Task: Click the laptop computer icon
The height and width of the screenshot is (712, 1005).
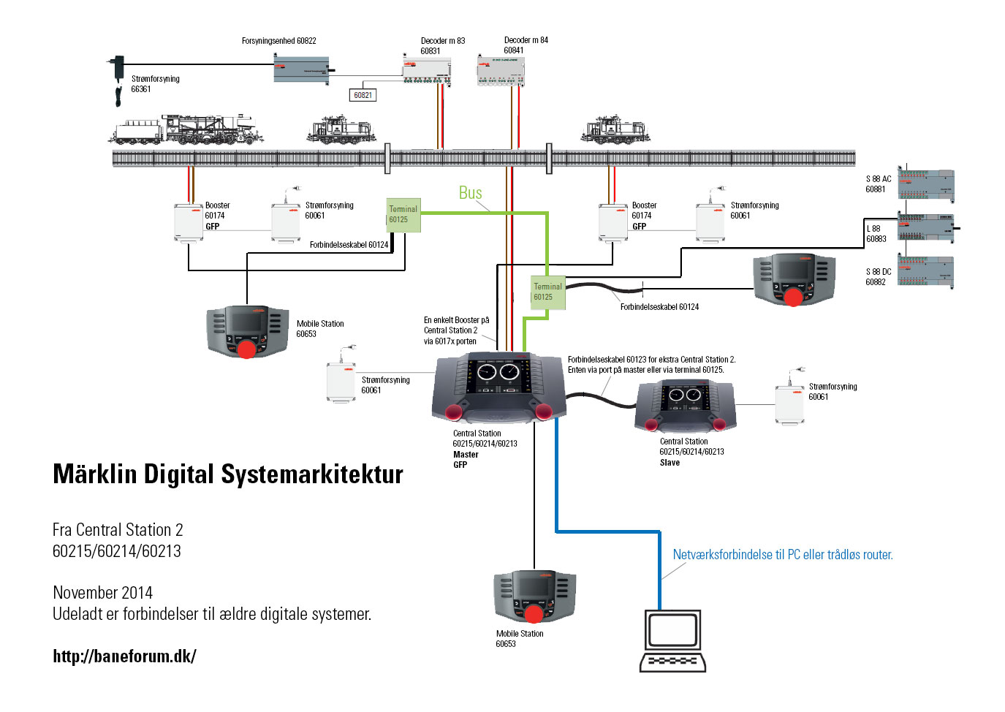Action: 672,640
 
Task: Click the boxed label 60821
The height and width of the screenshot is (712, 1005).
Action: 363,95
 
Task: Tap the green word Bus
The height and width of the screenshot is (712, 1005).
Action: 470,192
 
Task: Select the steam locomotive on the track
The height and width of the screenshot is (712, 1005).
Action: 186,129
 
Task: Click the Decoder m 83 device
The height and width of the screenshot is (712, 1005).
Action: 427,70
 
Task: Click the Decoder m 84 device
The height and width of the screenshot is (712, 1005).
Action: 500,70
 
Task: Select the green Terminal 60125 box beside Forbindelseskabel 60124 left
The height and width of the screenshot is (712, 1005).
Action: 403,215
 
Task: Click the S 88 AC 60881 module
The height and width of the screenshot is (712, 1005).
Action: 926,184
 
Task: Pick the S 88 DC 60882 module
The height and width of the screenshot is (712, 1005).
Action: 926,271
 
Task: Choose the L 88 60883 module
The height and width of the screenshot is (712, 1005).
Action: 926,227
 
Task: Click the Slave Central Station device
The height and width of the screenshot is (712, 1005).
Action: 685,406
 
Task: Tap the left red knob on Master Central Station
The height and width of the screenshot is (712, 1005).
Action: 454,412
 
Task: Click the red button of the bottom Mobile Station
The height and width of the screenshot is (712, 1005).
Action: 534,614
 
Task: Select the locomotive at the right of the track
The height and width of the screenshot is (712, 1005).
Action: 615,129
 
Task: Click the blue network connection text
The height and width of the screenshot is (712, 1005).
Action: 783,555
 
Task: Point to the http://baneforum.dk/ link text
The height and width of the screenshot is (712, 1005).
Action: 125,656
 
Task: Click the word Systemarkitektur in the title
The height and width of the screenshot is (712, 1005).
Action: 312,474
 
